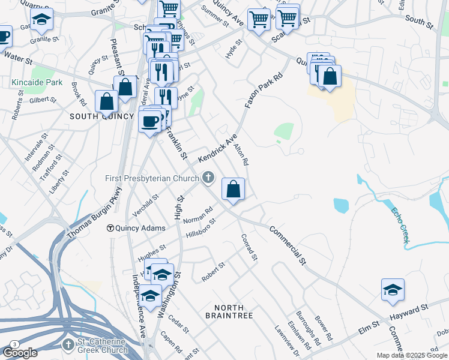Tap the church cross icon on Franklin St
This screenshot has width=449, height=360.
pyautogui.click(x=208, y=177)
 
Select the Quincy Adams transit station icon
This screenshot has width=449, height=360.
pyautogui.click(x=110, y=228)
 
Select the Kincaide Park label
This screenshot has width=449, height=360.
pyautogui.click(x=37, y=82)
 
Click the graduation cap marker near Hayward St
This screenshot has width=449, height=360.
pyautogui.click(x=393, y=290)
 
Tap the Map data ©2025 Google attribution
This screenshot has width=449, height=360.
pyautogui.click(x=412, y=355)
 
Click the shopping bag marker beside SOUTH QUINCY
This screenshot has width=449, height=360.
pyautogui.click(x=106, y=102)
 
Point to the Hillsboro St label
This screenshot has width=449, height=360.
pyautogui.click(x=200, y=227)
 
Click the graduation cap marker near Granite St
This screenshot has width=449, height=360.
pyautogui.click(x=41, y=20)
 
